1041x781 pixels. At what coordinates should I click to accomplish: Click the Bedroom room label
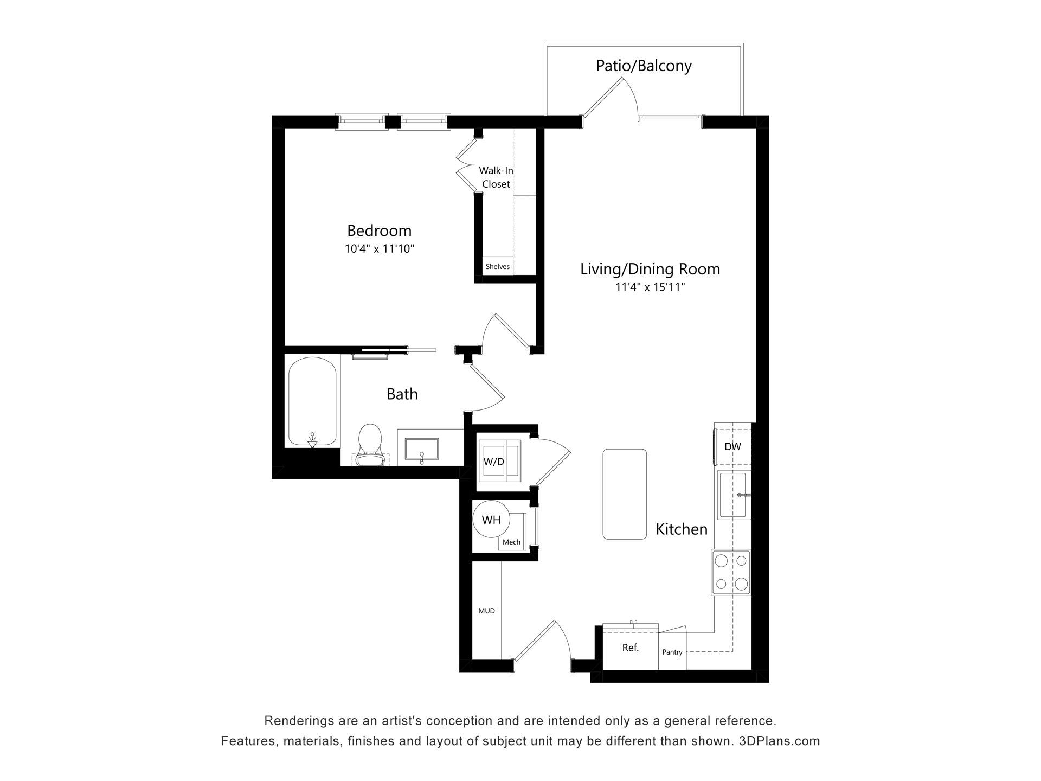point(379,231)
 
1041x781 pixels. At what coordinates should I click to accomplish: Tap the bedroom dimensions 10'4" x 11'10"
point(380,249)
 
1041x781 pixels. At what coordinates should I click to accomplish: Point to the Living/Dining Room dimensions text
point(650,287)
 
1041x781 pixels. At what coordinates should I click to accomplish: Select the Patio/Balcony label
point(644,66)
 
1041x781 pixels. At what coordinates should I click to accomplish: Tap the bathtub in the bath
point(312,401)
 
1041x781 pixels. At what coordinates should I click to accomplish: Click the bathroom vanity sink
point(422,449)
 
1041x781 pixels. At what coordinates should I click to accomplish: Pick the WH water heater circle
point(491,520)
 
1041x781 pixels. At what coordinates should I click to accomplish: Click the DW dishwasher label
point(732,447)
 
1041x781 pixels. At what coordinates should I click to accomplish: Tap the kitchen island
point(625,494)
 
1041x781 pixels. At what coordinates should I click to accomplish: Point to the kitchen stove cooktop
point(731,572)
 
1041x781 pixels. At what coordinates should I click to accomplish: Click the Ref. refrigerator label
point(631,648)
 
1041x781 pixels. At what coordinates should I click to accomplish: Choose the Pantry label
point(672,652)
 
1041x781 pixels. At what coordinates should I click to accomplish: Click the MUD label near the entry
point(486,611)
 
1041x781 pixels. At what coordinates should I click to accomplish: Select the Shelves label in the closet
point(498,266)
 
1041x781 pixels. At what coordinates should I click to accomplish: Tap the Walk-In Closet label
point(496,177)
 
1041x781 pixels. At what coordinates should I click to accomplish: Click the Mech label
point(511,542)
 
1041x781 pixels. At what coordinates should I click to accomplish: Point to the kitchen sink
point(734,495)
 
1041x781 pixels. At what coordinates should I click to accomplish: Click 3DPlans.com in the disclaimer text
point(780,741)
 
